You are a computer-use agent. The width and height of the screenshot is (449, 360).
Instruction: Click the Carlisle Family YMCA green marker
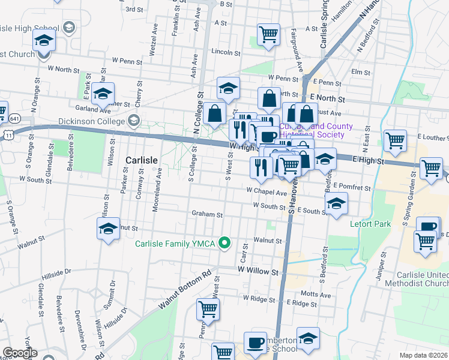pyautogui.click(x=225, y=243)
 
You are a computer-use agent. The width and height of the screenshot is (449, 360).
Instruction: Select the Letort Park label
pyautogui.click(x=370, y=224)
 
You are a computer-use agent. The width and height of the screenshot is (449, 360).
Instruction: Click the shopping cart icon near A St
pyautogui.click(x=268, y=34)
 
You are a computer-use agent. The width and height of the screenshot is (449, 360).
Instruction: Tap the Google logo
pyautogui.click(x=20, y=353)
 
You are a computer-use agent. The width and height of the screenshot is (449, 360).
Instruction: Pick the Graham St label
pyautogui.click(x=207, y=214)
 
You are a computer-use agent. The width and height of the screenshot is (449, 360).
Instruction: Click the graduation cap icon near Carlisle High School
pyautogui.click(x=44, y=40)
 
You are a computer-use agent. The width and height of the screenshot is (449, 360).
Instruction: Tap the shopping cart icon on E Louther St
pyautogui.click(x=395, y=141)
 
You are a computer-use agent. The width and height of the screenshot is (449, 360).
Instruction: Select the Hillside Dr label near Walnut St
pyautogui.click(x=56, y=274)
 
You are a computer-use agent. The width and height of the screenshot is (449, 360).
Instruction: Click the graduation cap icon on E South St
pyautogui.click(x=337, y=204)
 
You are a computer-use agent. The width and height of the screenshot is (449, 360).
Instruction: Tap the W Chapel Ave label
pyautogui.click(x=267, y=192)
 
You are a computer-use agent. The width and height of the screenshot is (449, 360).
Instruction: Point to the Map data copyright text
pyautogui.click(x=423, y=355)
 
